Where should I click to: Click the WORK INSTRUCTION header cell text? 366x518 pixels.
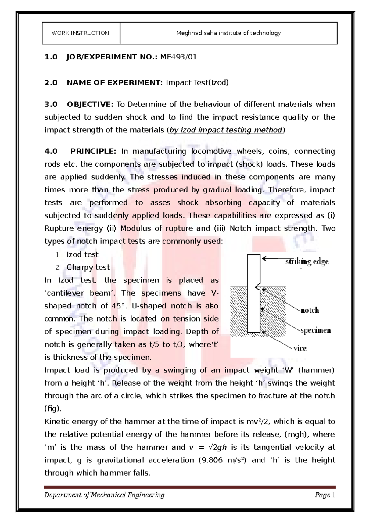coord(80,33)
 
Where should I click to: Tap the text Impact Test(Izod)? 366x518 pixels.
coord(197,83)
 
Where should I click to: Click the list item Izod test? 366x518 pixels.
coord(82,254)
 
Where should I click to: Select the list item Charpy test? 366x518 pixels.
coord(88,268)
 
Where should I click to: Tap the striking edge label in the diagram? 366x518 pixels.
coord(307,261)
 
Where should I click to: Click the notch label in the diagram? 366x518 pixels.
coord(310,310)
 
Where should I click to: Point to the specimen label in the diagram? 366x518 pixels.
coord(316,330)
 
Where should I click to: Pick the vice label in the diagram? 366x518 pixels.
coord(300,348)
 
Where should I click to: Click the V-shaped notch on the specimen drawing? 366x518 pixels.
coord(257,287)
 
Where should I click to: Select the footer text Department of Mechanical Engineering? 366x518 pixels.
coord(104,495)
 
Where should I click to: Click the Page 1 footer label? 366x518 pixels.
coord(325,495)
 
